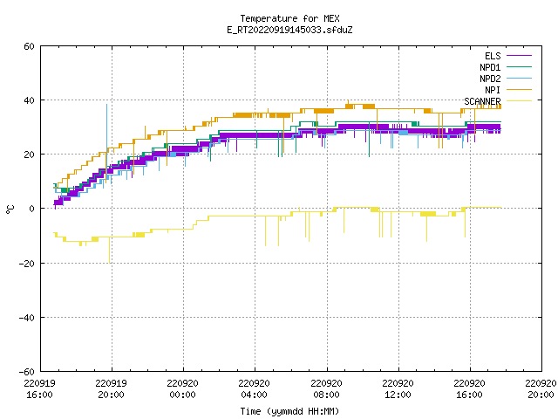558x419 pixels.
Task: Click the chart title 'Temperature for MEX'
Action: [x=289, y=18]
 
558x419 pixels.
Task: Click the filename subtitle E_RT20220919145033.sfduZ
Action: [x=289, y=30]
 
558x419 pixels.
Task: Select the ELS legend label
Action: [x=493, y=56]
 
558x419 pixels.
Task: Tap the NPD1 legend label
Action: [x=490, y=67]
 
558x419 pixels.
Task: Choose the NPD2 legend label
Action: [x=490, y=79]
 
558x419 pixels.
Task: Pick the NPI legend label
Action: [x=493, y=90]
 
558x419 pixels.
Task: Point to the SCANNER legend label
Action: [x=482, y=101]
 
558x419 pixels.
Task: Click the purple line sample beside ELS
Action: [x=519, y=56]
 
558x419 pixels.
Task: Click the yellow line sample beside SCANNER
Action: [x=519, y=101]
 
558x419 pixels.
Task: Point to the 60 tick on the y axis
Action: [x=29, y=46]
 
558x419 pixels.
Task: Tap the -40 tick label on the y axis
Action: [x=27, y=318]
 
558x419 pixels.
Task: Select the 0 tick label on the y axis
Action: [x=32, y=209]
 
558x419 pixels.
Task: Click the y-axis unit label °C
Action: [x=10, y=209]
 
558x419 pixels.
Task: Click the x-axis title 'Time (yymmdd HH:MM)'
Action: [x=289, y=411]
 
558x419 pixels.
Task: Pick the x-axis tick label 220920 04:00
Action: [x=254, y=389]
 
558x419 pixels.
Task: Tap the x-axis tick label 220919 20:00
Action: [x=111, y=389]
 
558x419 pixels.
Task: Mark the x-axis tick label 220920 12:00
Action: [x=398, y=389]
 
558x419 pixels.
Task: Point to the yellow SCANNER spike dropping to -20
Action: [x=110, y=251]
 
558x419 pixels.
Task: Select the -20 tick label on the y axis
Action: [x=27, y=264]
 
